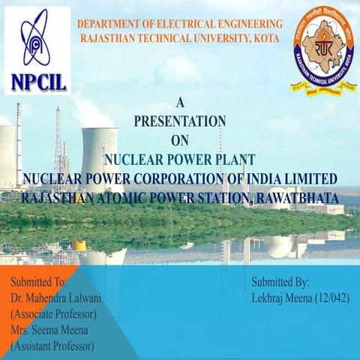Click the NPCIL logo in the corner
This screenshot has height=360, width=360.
point(37,49)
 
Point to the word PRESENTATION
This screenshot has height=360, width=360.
point(179,121)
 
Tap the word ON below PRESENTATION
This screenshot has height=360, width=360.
point(179,139)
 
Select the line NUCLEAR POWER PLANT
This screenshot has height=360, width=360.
point(179,158)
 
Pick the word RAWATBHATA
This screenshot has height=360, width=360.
point(297,197)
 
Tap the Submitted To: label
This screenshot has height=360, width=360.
point(39,282)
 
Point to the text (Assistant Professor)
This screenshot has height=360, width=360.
point(52,346)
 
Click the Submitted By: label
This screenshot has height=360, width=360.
point(280,283)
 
